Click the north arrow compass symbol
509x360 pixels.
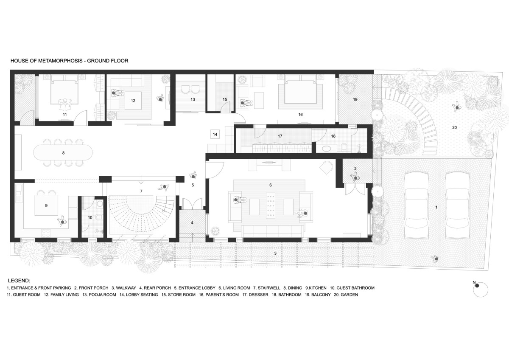480,290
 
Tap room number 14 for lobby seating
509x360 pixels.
215,135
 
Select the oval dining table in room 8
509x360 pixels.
63,153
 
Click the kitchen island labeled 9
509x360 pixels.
46,205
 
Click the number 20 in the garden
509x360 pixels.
454,128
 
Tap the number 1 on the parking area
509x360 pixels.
436,208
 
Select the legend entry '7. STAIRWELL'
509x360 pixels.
267,288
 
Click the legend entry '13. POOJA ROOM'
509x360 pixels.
99,295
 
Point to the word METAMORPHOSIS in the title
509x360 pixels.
60,61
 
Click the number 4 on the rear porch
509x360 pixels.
192,223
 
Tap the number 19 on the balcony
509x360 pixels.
355,99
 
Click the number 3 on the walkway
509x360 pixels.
275,253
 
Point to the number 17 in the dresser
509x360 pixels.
280,136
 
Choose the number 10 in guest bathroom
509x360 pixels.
90,218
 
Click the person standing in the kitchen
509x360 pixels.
62,222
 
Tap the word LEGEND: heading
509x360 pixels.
19,281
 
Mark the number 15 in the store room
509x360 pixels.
225,99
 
